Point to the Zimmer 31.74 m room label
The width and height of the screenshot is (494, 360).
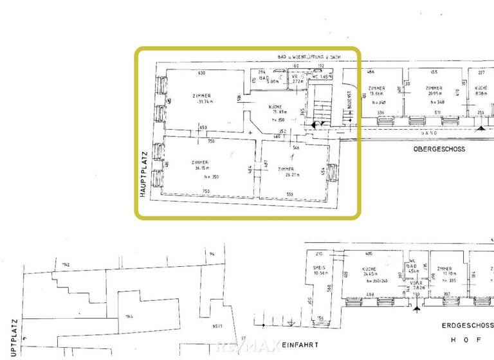point(203,99)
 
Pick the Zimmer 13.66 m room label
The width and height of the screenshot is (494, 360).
point(377,91)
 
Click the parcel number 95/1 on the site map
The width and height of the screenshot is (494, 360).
point(217,326)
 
